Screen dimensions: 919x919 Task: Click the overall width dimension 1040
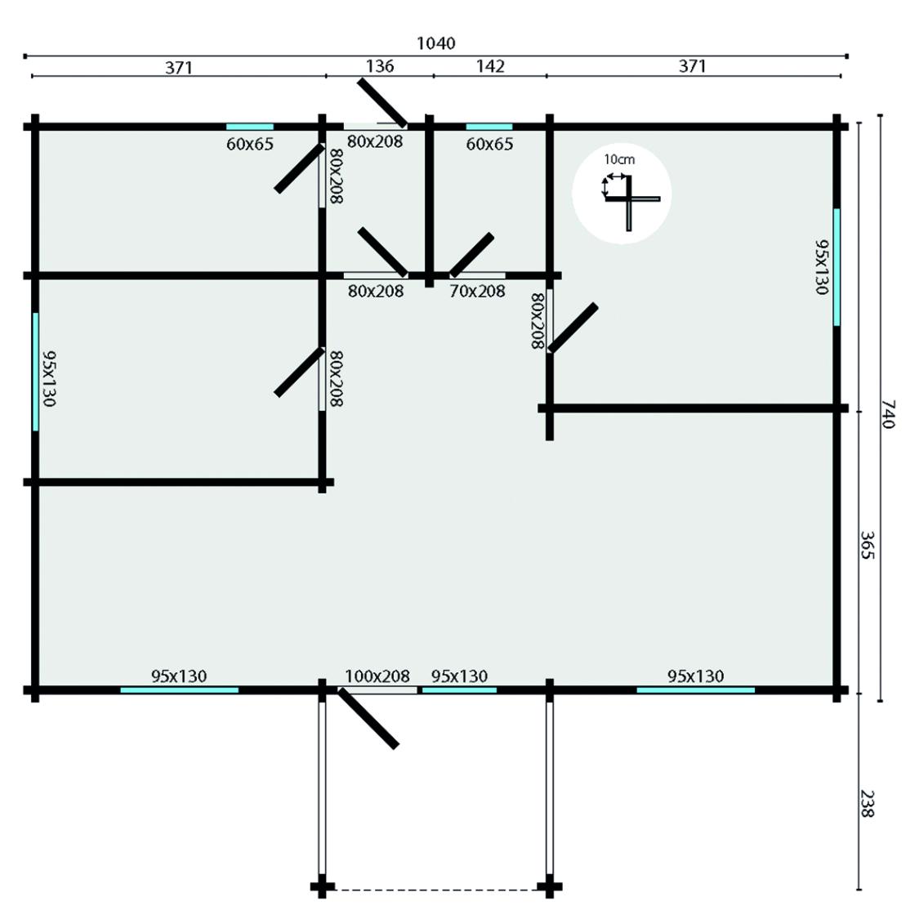(x=435, y=43)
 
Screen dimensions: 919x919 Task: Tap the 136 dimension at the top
(x=380, y=66)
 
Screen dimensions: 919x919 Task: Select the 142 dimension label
(x=489, y=66)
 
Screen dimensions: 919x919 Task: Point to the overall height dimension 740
(x=889, y=414)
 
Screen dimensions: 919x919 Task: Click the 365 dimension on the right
(x=868, y=546)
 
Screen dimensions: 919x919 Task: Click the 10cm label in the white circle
(x=618, y=159)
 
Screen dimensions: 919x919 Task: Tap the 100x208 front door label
(x=377, y=676)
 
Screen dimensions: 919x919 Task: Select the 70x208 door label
(x=477, y=291)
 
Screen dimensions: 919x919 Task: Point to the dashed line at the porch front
(x=435, y=889)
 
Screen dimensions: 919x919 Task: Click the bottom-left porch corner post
(x=322, y=887)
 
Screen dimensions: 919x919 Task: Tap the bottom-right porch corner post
(x=549, y=887)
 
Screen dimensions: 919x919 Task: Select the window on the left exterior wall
(x=36, y=372)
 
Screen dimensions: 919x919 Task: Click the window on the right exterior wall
(x=836, y=267)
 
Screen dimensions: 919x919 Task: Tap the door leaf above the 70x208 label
(x=472, y=254)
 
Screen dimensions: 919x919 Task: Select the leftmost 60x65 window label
(x=250, y=145)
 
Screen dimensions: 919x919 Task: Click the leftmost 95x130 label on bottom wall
(x=179, y=676)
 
